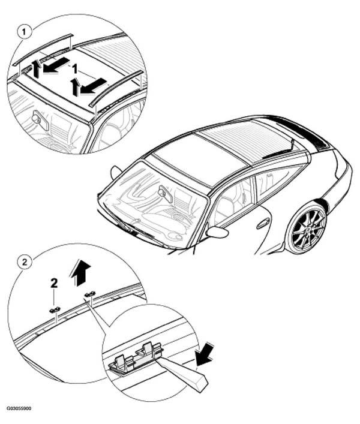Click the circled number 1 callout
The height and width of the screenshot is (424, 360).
click(24, 32)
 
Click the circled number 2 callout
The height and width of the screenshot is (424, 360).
click(25, 261)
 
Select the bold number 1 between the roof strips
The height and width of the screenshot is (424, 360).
click(74, 69)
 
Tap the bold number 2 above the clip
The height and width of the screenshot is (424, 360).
click(54, 283)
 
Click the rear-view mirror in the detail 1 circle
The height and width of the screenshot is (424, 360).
click(41, 121)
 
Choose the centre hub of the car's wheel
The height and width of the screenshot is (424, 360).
click(308, 229)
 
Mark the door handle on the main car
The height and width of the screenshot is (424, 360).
click(262, 224)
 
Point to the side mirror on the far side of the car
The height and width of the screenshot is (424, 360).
click(116, 172)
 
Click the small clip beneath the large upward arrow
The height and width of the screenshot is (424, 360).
click(90, 294)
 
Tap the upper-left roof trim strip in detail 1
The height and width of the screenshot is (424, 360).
click(43, 49)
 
